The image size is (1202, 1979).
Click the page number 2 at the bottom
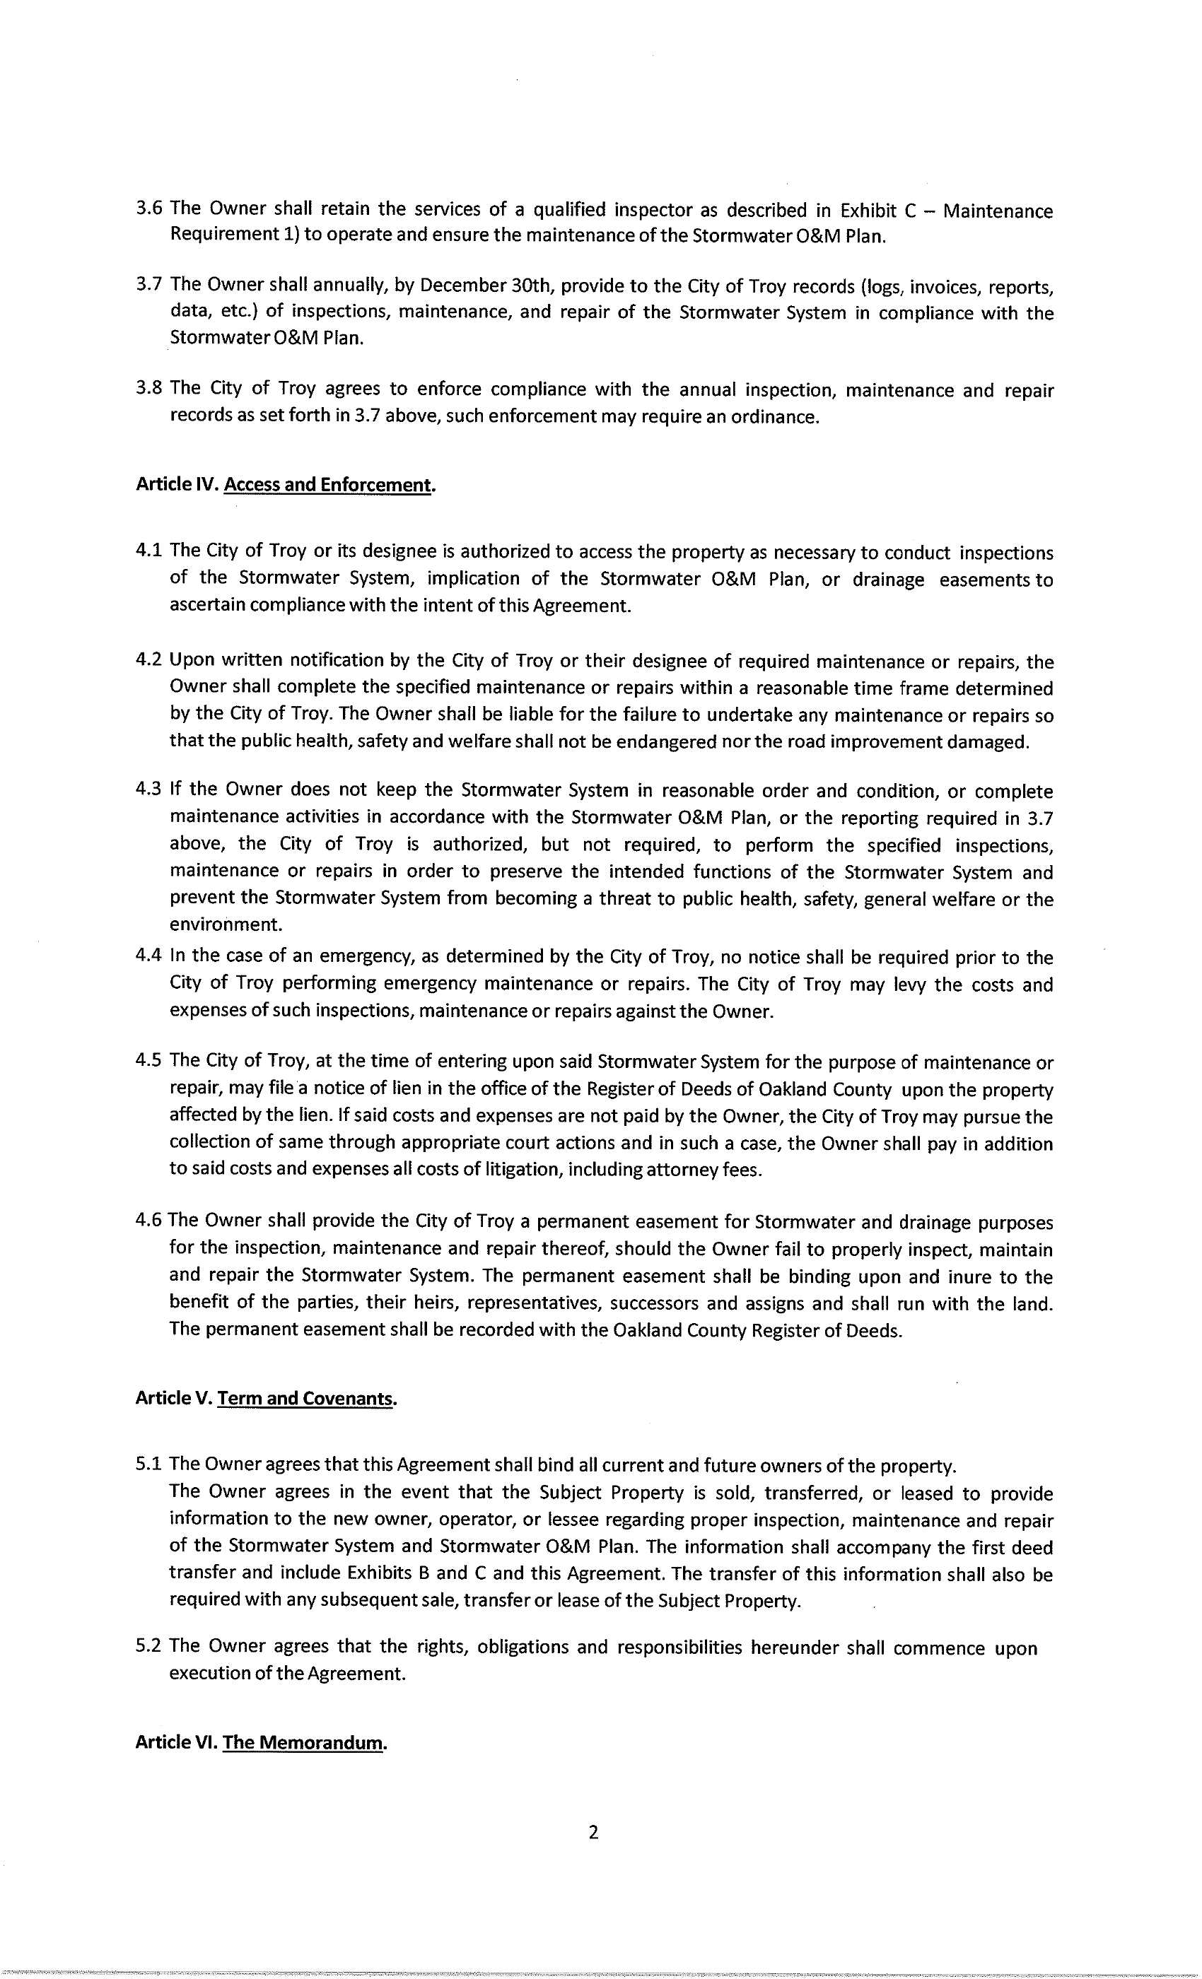tap(594, 1832)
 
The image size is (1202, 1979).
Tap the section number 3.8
tap(149, 389)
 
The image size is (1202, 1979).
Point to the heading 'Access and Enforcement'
tap(327, 486)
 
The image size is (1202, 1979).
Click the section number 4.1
tap(149, 551)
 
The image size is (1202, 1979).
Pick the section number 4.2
tap(149, 660)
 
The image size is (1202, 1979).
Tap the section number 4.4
tap(149, 956)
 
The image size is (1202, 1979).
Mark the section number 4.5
tap(149, 1061)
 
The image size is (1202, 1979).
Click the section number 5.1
tap(149, 1465)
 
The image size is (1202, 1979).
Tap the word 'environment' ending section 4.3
tap(225, 924)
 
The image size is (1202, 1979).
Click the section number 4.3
tap(149, 789)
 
